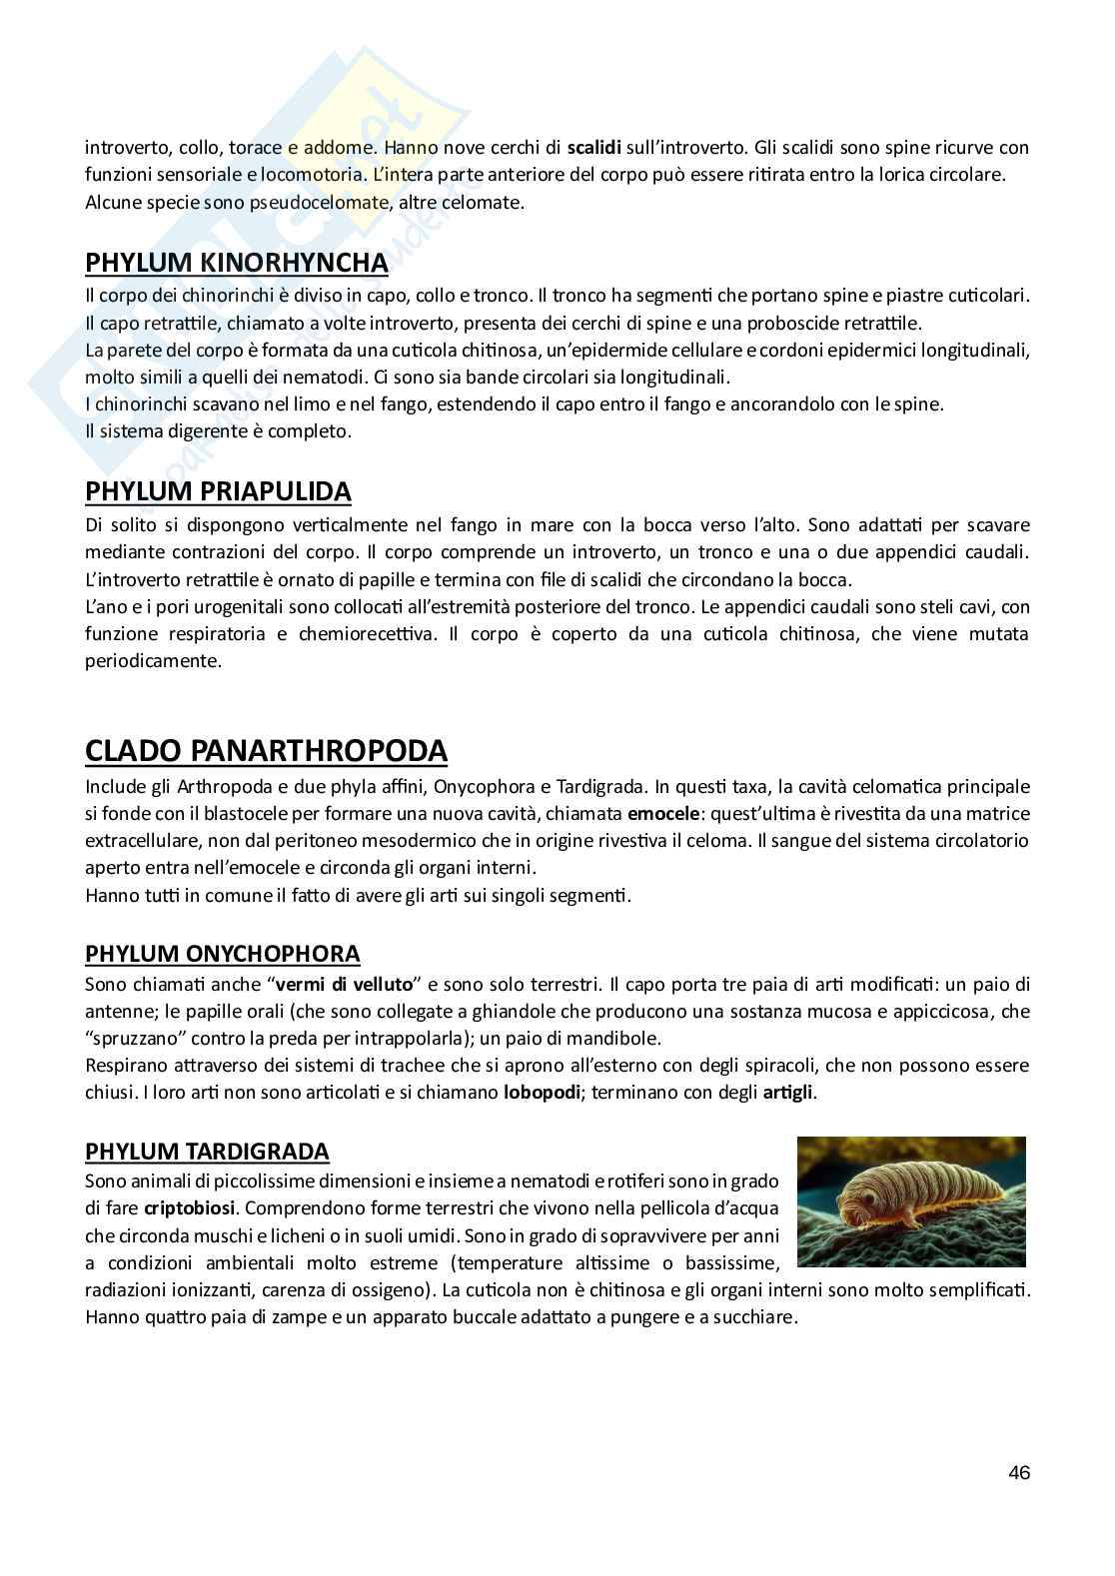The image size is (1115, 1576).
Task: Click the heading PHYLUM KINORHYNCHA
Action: pos(237,263)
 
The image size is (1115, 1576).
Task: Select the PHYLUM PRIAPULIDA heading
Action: pos(218,491)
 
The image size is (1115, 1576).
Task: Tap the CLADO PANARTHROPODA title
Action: pos(266,751)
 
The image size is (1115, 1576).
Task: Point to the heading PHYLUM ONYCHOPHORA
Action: pos(222,954)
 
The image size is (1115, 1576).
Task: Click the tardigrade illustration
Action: pos(911,1200)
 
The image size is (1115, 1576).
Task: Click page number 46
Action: pos(1019,1472)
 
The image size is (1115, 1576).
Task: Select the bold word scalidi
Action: pos(594,148)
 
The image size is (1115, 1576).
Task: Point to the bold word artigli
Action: pos(789,1092)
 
